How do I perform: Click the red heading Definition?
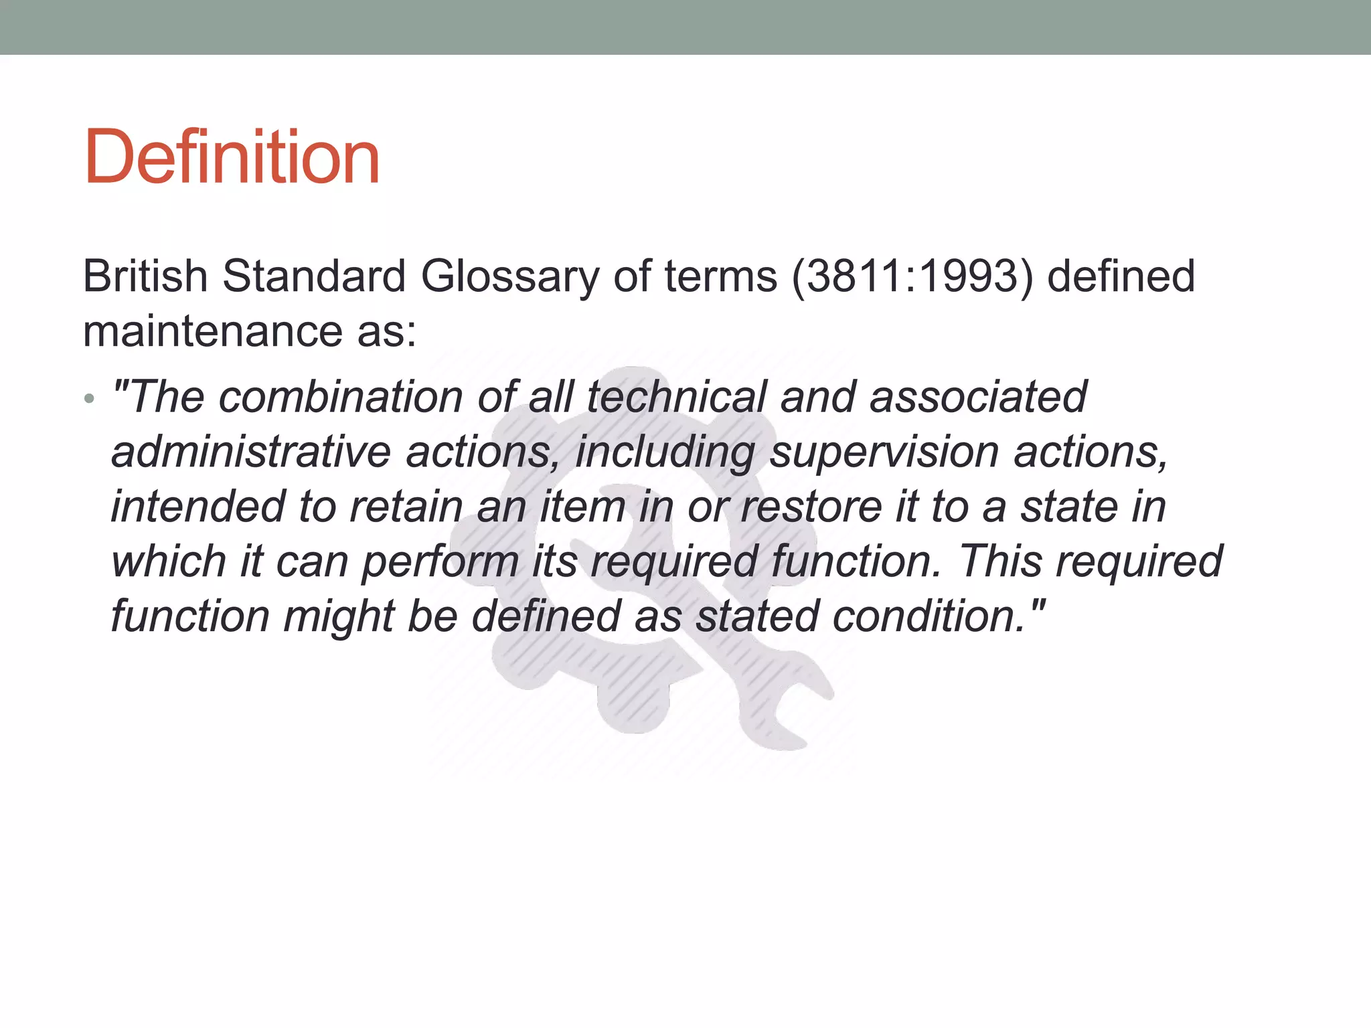(232, 157)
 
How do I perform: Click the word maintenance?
(212, 331)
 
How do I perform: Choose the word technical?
(676, 397)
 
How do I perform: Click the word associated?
(978, 397)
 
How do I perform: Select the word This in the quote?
(1000, 561)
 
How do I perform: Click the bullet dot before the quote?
(90, 400)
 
